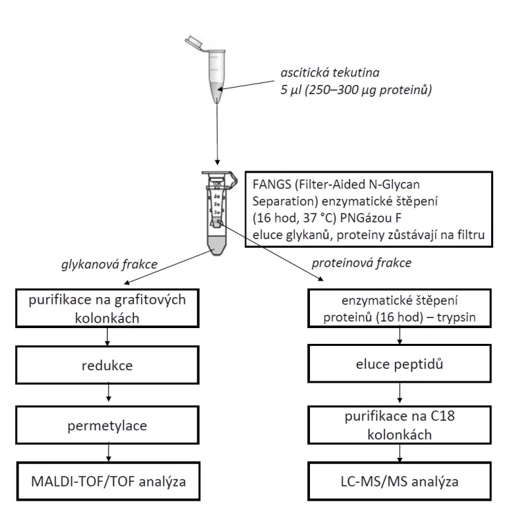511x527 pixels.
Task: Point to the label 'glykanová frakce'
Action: (x=109, y=265)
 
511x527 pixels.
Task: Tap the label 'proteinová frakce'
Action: (x=361, y=263)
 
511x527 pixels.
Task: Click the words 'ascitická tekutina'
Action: (x=330, y=72)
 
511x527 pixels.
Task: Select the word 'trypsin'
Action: (x=456, y=318)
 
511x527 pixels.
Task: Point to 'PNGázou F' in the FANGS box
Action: (x=371, y=218)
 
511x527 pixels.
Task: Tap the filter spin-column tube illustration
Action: (x=220, y=213)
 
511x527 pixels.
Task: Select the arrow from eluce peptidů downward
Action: (x=400, y=393)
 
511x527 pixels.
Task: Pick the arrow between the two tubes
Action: (x=218, y=134)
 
